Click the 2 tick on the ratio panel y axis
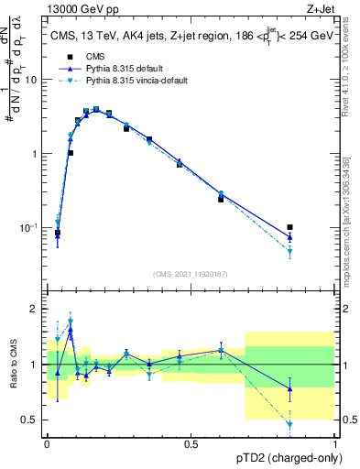(x=36, y=309)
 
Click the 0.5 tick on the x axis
(x=191, y=444)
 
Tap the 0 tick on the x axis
(x=47, y=444)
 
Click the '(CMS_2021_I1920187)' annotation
(x=191, y=273)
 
